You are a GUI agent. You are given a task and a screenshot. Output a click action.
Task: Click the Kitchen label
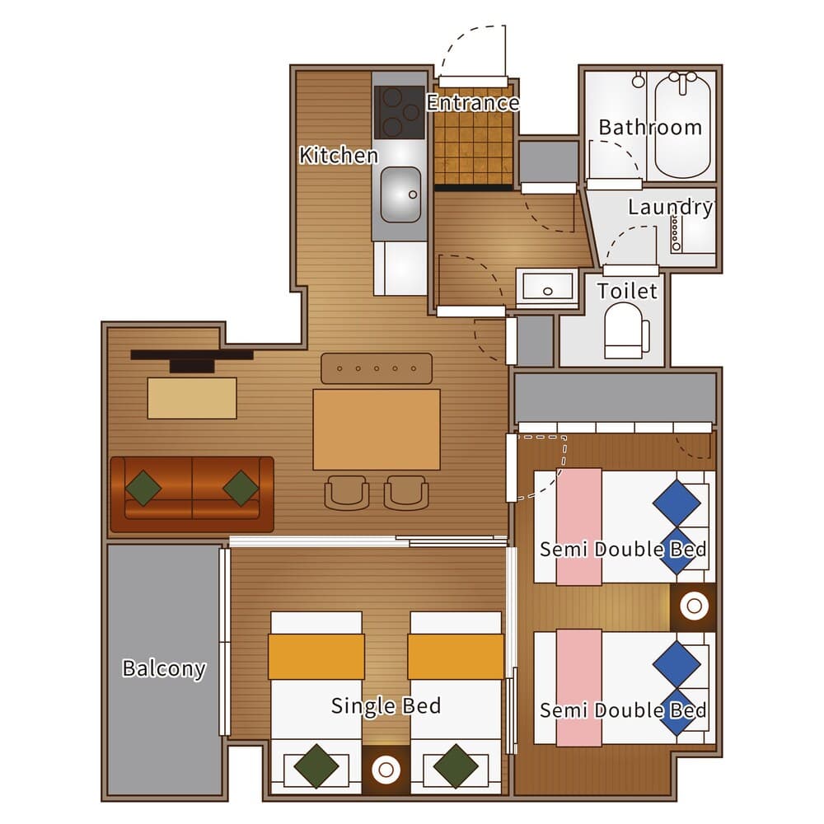click(339, 155)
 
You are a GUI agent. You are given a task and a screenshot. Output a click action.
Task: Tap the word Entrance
click(472, 102)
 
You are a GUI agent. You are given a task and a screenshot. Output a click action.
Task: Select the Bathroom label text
click(650, 127)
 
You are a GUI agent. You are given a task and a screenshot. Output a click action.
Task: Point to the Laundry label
click(671, 207)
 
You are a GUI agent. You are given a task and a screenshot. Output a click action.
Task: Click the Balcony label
click(164, 668)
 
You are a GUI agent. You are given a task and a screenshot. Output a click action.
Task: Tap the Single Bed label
click(386, 706)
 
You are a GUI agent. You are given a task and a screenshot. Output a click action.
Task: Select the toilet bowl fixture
click(626, 331)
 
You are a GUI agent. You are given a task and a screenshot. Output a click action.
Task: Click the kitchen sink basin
click(400, 194)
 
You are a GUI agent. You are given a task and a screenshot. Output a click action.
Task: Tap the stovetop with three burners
click(400, 112)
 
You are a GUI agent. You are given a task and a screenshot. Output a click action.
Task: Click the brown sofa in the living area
click(192, 494)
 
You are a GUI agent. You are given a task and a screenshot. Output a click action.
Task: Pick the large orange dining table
click(377, 429)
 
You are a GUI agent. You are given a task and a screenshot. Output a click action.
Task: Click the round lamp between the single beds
click(386, 770)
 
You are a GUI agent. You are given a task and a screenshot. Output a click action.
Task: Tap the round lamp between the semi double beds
click(694, 606)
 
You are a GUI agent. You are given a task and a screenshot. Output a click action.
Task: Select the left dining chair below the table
click(347, 493)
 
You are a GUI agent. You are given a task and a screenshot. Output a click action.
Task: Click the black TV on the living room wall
click(192, 361)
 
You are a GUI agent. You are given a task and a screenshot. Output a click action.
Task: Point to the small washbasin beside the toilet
click(547, 288)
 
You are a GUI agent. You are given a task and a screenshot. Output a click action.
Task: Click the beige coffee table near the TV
click(192, 398)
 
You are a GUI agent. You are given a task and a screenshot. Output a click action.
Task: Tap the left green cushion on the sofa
click(143, 488)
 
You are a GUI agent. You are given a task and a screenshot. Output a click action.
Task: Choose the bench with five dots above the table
click(377, 368)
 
